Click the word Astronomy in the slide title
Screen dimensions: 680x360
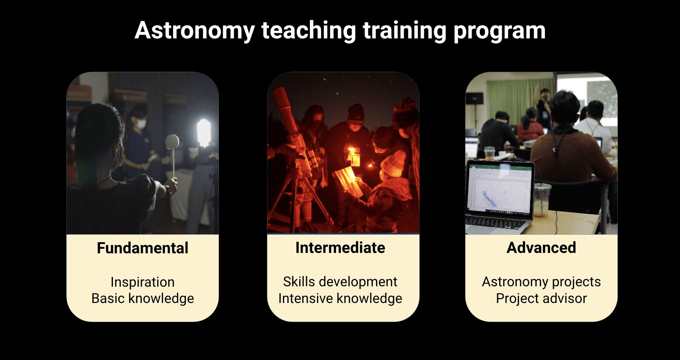tap(194, 31)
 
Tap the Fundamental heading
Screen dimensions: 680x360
tap(142, 248)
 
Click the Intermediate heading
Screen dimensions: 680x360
tap(340, 247)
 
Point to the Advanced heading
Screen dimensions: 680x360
tap(541, 247)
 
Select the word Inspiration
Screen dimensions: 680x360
tap(142, 282)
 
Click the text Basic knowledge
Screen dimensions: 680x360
tap(142, 298)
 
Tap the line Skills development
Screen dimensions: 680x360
tap(340, 282)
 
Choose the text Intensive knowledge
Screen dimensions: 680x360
tap(340, 298)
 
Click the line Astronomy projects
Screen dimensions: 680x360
tap(541, 282)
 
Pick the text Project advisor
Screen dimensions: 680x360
tap(541, 298)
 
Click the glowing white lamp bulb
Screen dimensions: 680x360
tap(203, 132)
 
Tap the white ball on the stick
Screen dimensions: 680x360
tap(172, 142)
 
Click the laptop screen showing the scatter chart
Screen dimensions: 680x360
tap(500, 190)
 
